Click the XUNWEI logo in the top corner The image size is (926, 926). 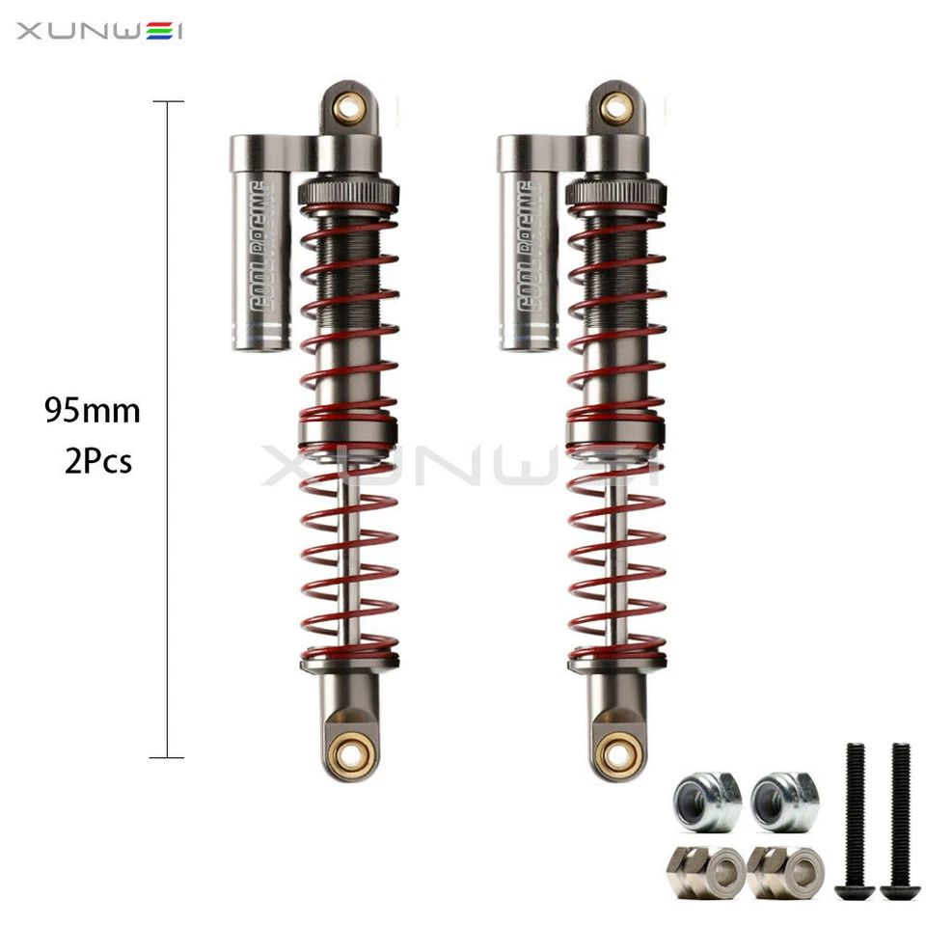(99, 32)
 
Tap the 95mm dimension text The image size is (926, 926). (93, 412)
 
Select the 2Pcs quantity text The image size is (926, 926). (98, 462)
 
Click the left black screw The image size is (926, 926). (855, 820)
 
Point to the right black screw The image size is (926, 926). (900, 820)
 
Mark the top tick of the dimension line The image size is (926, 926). (168, 101)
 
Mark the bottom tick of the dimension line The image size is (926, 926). (168, 757)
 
